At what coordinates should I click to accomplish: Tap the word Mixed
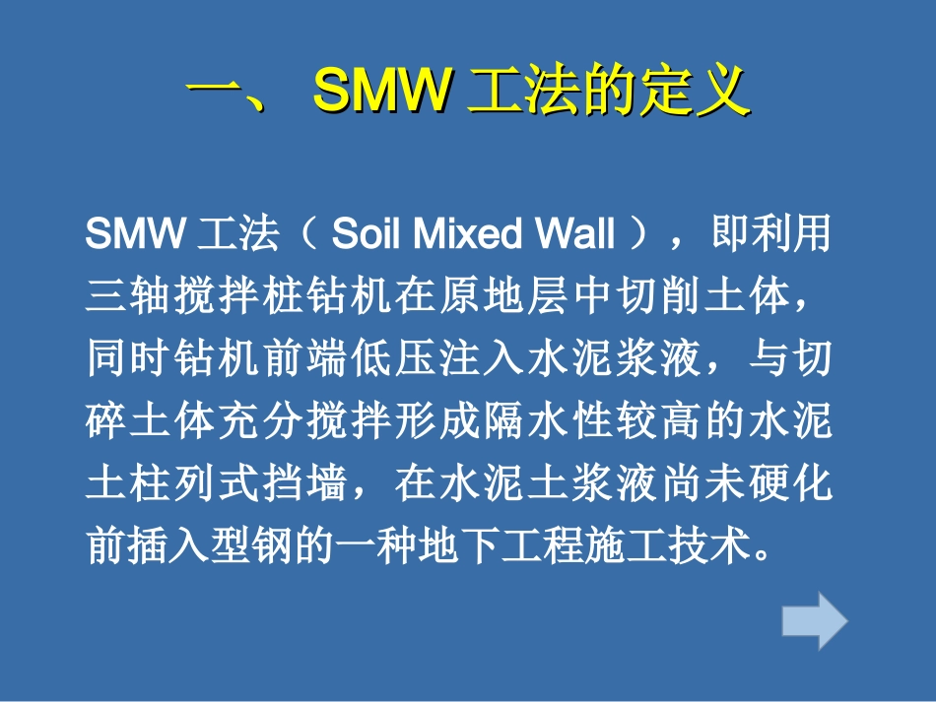[x=462, y=235]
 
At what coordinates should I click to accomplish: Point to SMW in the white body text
[x=137, y=235]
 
